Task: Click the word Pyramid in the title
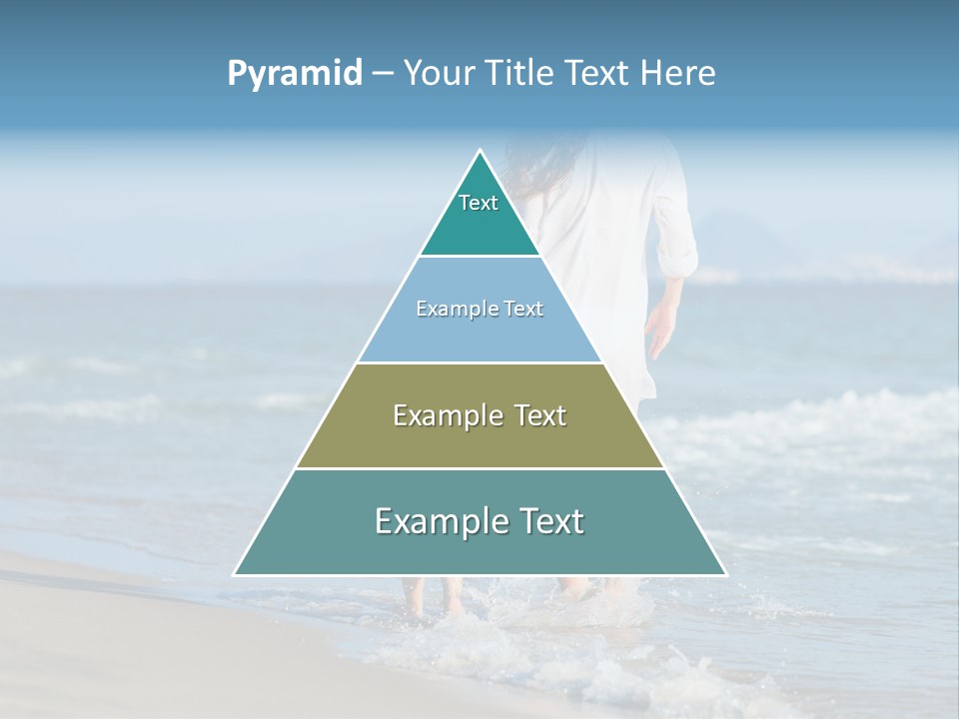pos(295,74)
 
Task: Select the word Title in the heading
pos(518,74)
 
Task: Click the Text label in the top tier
pos(479,203)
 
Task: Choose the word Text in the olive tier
pos(540,415)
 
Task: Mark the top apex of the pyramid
pos(479,151)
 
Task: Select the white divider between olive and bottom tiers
pos(479,468)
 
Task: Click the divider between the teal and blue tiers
pos(479,257)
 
